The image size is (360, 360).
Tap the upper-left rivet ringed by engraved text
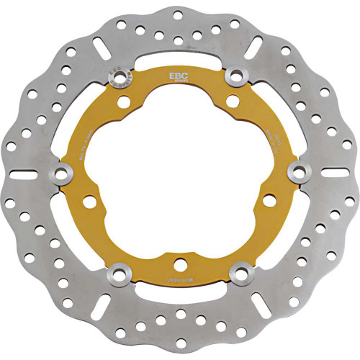[x=117, y=74]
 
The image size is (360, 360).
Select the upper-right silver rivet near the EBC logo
[x=235, y=74]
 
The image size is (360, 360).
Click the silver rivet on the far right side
[x=294, y=170]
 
